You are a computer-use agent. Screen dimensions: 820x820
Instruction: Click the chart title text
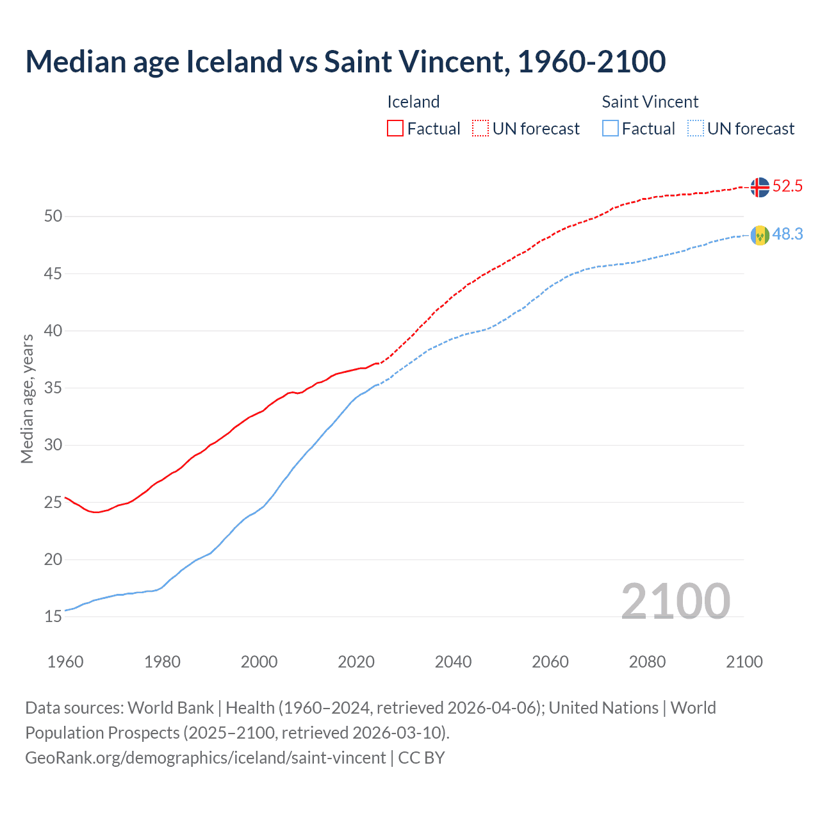coord(345,61)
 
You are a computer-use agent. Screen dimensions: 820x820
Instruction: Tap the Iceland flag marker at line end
coord(760,187)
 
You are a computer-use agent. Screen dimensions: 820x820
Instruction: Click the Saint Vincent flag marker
coord(760,235)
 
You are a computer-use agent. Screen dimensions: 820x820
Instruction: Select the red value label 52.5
coord(787,186)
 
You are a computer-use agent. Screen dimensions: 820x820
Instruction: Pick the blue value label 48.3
coord(787,234)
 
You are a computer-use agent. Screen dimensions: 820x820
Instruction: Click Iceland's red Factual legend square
coord(395,128)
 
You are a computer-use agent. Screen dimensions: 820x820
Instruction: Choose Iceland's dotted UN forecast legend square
coord(480,128)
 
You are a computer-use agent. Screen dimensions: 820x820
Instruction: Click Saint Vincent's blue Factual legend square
coord(611,128)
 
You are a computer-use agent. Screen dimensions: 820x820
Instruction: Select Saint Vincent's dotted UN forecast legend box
coord(695,128)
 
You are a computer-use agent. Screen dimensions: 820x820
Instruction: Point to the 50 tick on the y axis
coord(53,217)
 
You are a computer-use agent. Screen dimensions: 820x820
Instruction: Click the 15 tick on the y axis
coord(53,617)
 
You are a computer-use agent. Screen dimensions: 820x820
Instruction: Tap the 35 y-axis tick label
coord(53,388)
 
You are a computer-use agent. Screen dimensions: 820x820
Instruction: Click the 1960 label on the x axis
coord(65,662)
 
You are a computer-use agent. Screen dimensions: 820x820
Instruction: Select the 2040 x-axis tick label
coord(453,662)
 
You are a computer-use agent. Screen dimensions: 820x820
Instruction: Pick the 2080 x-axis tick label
coord(647,662)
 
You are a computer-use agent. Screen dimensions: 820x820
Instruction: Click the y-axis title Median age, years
coord(27,398)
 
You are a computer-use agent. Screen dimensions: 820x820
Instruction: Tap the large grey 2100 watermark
coord(675,601)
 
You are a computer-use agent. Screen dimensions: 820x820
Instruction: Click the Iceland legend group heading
coord(413,102)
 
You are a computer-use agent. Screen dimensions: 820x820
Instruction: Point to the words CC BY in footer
coord(422,758)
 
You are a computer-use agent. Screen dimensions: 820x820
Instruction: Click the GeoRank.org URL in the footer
coord(205,758)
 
